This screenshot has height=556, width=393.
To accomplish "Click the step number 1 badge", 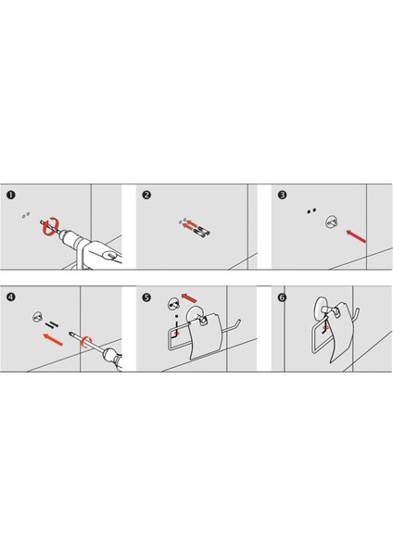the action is click(11, 195).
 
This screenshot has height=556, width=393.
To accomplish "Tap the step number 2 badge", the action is click(146, 195).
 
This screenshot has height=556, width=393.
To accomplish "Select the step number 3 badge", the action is click(282, 195).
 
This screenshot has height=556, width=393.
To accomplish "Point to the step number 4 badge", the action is click(11, 297).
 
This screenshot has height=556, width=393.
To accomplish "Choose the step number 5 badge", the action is click(146, 297).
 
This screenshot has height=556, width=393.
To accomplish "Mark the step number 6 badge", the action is click(282, 297).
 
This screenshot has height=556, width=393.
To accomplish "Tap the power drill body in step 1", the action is click(93, 249).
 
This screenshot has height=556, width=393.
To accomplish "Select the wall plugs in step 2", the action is click(201, 231).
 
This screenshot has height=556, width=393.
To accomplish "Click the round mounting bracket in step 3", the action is click(332, 222).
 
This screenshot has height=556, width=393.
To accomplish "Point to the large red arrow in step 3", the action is click(356, 236).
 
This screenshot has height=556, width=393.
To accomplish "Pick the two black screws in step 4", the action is click(52, 324).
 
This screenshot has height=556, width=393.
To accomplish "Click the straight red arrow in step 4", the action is click(53, 339).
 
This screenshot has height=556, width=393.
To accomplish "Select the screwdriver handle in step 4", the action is click(112, 359).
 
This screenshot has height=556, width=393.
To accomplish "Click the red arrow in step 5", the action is click(189, 297).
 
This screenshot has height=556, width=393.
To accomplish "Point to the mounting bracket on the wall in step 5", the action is click(173, 304).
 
